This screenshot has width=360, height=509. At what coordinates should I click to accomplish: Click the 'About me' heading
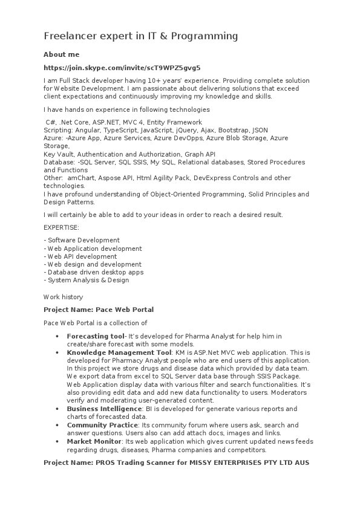coord(61,54)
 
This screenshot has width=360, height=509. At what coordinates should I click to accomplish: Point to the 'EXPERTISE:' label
coord(61,227)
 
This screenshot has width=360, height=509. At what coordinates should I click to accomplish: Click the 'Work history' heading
coord(63,297)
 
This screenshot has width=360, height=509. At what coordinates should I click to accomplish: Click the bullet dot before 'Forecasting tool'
coord(57,336)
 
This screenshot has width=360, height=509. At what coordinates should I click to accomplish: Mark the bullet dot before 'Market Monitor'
coord(57,442)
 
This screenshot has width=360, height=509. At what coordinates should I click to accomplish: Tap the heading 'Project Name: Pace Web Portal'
coord(99,310)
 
